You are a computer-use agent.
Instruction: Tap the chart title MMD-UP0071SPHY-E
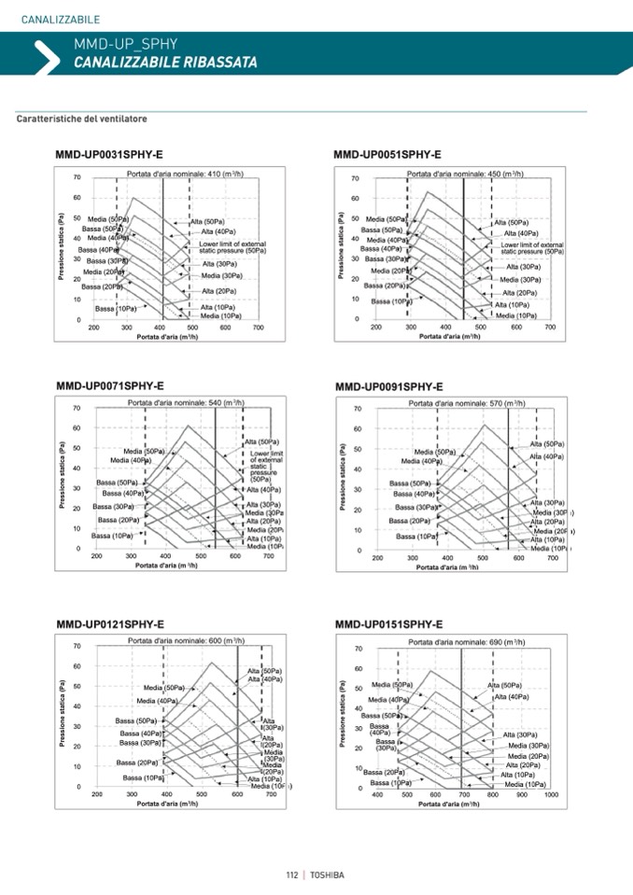[x=110, y=385]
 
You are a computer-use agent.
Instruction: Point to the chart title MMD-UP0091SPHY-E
[x=389, y=386]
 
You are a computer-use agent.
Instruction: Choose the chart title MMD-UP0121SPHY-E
[x=110, y=623]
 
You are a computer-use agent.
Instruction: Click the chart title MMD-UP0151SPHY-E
[x=388, y=624]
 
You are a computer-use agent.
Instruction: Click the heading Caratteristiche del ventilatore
[x=82, y=119]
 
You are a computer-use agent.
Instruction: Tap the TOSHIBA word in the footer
[x=327, y=874]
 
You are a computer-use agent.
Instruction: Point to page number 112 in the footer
[x=292, y=874]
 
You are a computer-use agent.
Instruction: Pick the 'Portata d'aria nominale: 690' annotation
[x=467, y=642]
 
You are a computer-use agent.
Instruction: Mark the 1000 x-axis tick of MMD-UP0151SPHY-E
[x=551, y=794]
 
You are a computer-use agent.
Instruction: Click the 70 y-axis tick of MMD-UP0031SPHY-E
[x=76, y=177]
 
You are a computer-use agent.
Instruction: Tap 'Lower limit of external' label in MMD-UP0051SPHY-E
[x=532, y=245]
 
